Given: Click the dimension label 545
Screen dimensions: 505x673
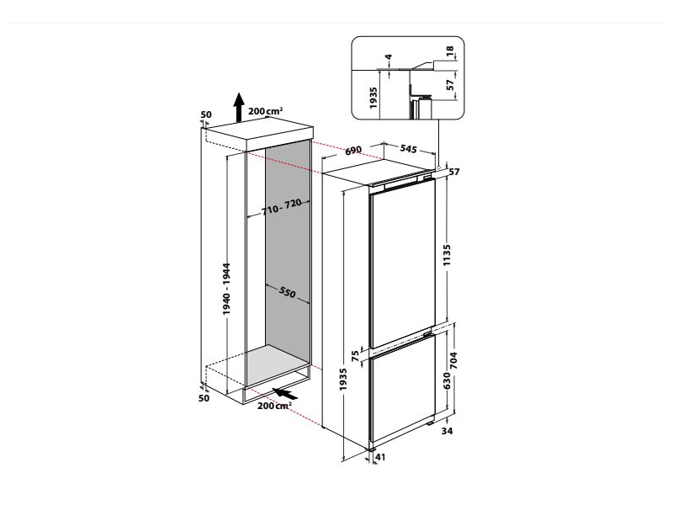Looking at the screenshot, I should pos(408,149).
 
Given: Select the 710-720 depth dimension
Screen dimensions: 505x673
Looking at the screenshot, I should pos(281,207).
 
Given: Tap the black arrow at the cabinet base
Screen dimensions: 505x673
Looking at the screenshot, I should pos(287,392).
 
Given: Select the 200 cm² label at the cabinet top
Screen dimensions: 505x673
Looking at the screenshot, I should pos(267,110).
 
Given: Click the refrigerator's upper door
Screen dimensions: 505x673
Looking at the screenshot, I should pos(402,265).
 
